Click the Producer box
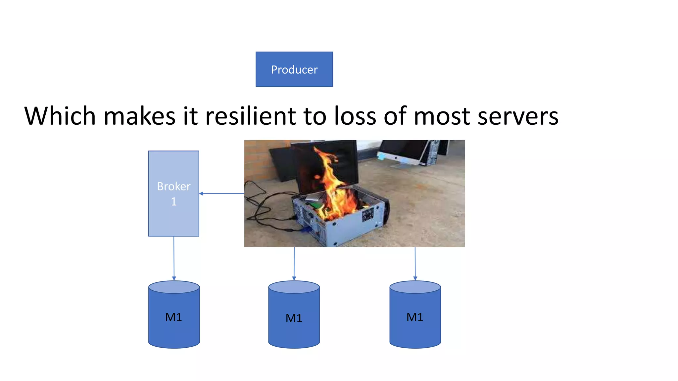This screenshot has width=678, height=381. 294,69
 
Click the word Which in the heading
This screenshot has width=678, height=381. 60,116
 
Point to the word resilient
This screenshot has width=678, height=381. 251,116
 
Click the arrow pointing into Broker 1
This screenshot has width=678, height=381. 221,193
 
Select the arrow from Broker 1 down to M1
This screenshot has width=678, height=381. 174,258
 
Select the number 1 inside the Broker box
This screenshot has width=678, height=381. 174,201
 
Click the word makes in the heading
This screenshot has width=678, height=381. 139,116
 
